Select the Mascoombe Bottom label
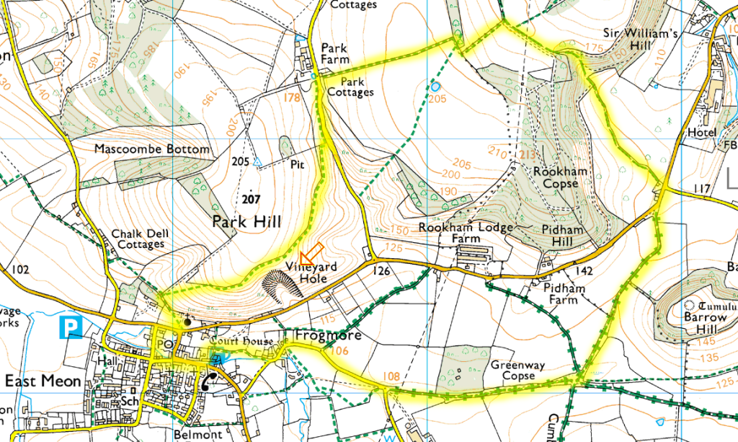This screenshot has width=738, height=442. pos(152,149)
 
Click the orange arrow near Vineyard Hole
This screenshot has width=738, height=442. pos(311,254)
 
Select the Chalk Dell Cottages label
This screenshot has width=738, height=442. pos(137,239)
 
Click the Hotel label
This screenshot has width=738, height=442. pos(702,133)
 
